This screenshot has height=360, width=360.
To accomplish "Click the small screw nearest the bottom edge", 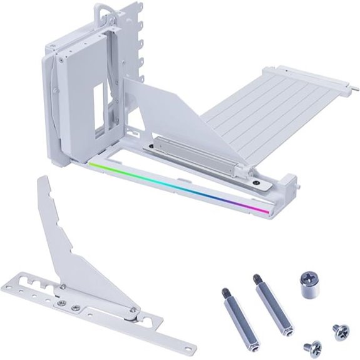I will click(x=312, y=346).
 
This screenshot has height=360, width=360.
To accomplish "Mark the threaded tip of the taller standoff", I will click(x=257, y=277).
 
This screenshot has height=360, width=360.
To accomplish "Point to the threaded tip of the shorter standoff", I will click(x=225, y=291).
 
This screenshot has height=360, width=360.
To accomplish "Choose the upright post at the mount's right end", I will click(x=289, y=183).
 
